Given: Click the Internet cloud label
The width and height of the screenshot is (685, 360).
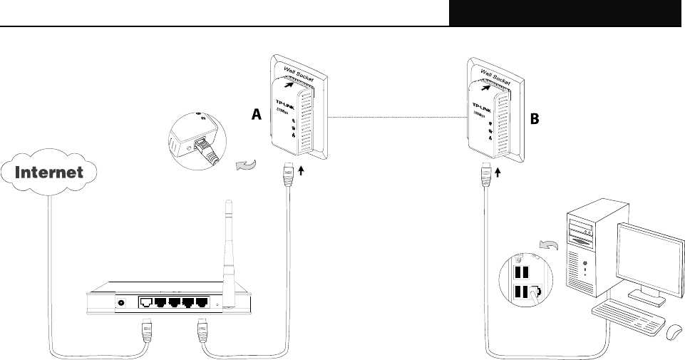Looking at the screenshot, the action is pos(50,173).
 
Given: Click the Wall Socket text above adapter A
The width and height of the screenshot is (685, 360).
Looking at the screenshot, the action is pos(301,71).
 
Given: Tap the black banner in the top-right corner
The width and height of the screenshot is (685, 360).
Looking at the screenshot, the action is pos(567,13).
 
